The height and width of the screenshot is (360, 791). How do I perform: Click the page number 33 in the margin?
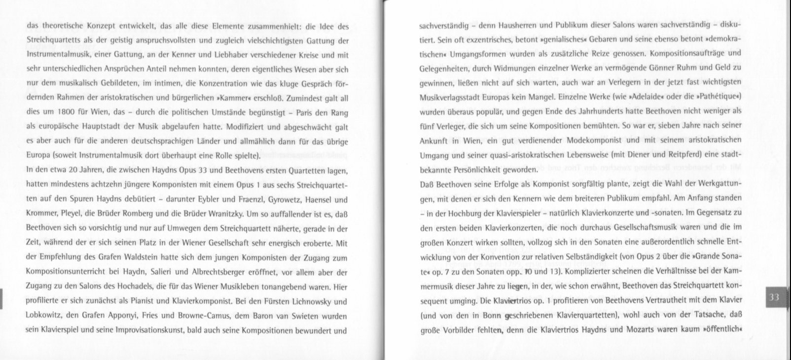coord(774,297)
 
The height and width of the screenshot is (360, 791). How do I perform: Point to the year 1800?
coord(66,112)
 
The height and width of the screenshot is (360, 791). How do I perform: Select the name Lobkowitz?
coord(43,316)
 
